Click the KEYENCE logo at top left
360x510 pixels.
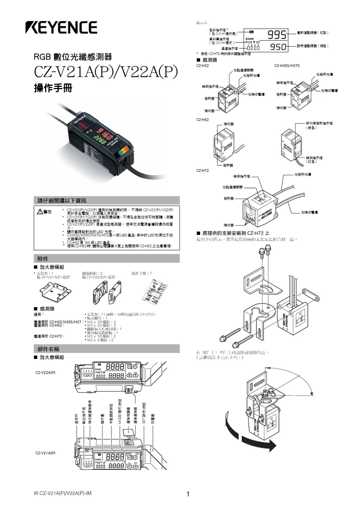click(x=61, y=27)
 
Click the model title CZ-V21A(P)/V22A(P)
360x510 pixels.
click(x=106, y=72)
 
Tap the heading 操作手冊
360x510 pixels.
click(x=53, y=88)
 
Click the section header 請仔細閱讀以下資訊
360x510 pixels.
click(x=62, y=200)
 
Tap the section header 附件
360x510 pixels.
click(x=43, y=259)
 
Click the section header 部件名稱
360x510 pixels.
click(x=48, y=349)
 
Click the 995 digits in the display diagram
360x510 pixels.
click(x=277, y=35)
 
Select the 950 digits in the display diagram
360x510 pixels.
click(x=278, y=47)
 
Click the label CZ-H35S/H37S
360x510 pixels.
click(x=287, y=66)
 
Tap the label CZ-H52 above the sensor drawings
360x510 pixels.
click(x=202, y=119)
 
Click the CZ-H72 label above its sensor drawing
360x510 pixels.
click(x=202, y=170)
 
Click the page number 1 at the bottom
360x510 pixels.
click(x=188, y=493)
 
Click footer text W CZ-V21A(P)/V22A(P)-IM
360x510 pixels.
click(x=63, y=493)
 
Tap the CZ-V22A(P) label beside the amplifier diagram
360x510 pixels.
click(x=45, y=372)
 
